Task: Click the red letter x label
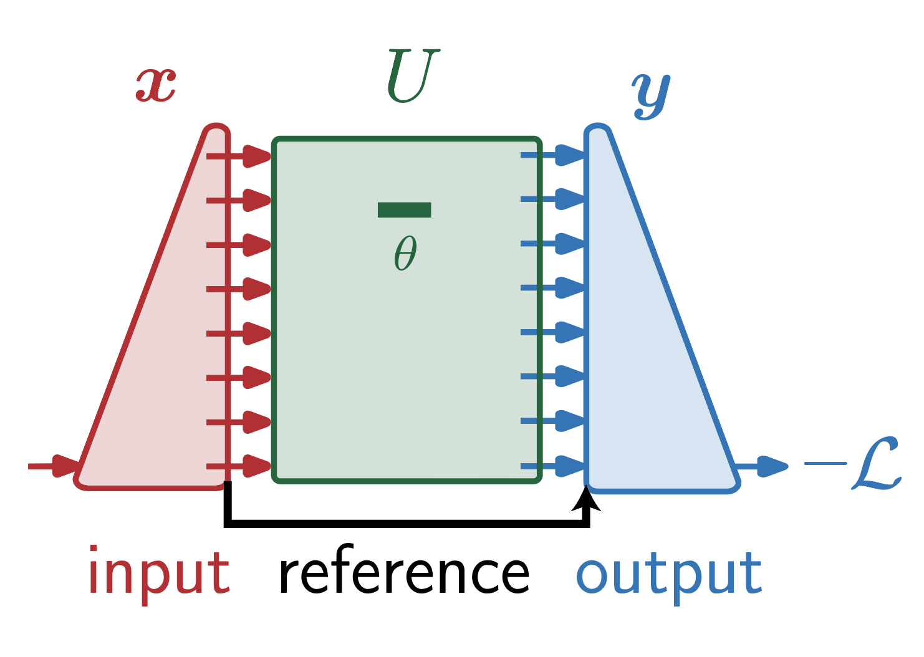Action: point(156,85)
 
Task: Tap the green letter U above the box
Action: point(412,76)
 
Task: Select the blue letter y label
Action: point(651,95)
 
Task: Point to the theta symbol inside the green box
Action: point(405,253)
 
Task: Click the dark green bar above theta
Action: point(404,210)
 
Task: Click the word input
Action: point(159,573)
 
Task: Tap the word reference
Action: point(403,573)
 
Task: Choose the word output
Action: point(668,573)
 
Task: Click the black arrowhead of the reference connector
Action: point(586,499)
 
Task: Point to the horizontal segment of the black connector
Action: point(405,523)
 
